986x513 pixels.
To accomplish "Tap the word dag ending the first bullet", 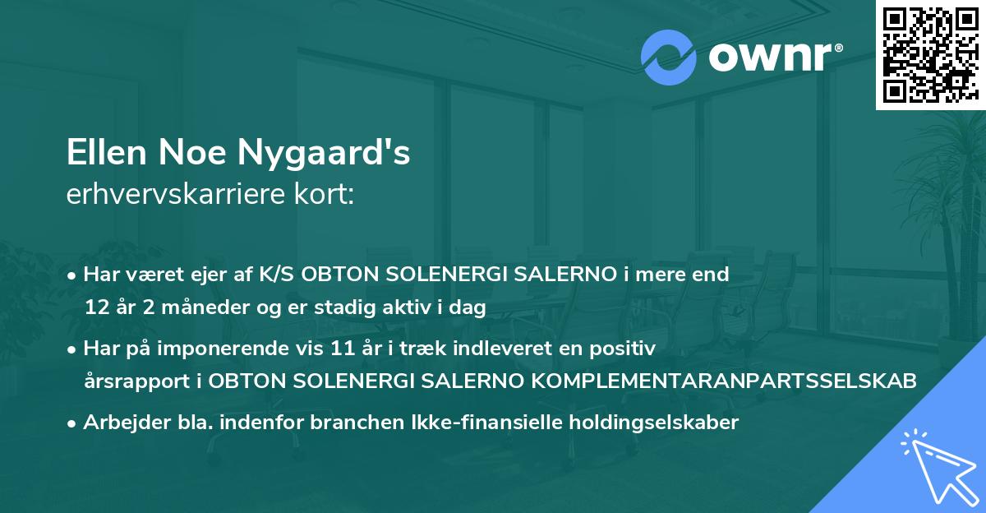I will coord(470,308).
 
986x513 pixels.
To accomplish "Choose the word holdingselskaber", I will coord(648,423).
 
